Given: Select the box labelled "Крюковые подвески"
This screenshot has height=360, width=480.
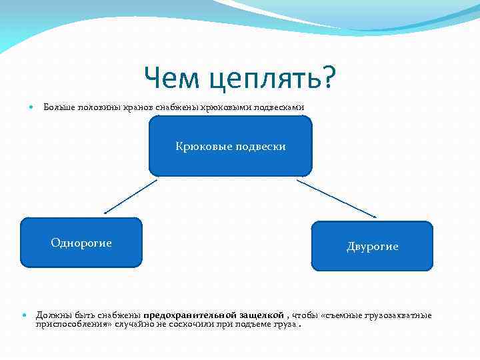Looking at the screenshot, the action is pyautogui.click(x=231, y=145).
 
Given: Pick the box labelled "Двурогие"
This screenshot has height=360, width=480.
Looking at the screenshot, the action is pyautogui.click(x=372, y=246).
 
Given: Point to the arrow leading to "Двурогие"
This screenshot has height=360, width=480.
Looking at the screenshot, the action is pyautogui.click(x=337, y=199).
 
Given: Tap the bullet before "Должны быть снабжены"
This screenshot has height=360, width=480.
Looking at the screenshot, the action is pyautogui.click(x=25, y=315).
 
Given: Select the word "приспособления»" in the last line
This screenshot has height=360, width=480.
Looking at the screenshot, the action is pyautogui.click(x=73, y=324).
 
